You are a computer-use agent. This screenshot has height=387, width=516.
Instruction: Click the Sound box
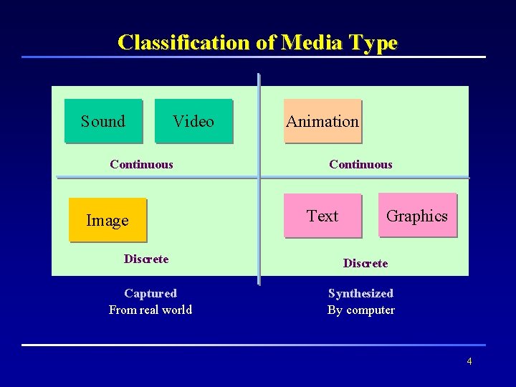point(103,121)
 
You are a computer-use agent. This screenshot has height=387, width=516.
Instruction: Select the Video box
point(193,121)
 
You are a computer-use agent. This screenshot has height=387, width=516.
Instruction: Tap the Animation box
point(322,121)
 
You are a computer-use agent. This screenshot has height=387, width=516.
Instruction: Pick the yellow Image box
point(107,220)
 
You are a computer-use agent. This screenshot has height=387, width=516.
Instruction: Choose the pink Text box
point(322,216)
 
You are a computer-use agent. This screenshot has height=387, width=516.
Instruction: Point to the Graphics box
point(417,216)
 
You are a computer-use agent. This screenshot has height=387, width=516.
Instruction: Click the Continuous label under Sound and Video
point(142,164)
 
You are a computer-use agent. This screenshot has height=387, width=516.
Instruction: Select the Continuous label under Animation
point(360,164)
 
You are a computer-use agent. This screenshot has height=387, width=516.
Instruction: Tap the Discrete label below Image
point(146,259)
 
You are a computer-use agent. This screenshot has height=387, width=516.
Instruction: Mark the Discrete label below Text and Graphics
point(365,263)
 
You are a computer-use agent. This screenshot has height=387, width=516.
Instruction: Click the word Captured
point(150,293)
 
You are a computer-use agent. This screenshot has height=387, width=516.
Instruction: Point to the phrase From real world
point(150,310)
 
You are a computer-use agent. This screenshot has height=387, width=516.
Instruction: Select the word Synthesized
point(360,293)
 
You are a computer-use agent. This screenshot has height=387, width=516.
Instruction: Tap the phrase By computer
point(361,310)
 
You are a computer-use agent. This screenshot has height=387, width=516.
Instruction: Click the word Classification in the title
point(184,42)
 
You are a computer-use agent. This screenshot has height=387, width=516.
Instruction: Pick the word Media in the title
point(312,42)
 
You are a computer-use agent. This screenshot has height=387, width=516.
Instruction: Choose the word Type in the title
point(373,43)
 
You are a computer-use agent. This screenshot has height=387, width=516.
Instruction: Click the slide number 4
point(469,361)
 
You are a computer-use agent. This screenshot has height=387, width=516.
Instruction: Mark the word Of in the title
point(266,42)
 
